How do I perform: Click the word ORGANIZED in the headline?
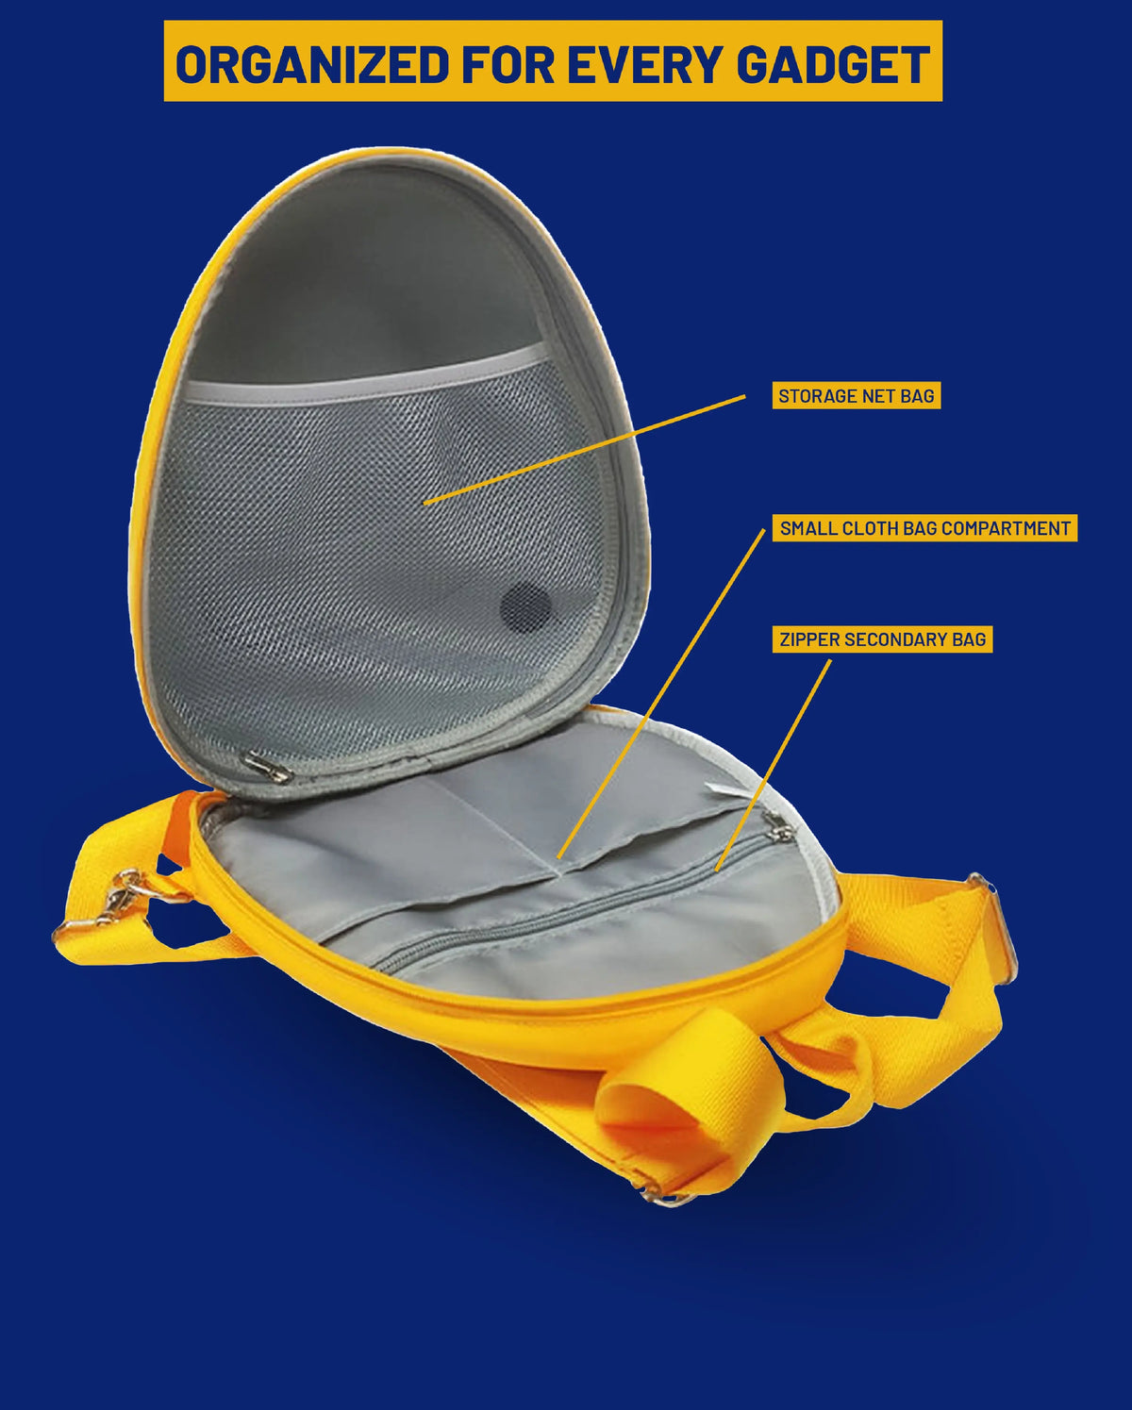click(x=312, y=64)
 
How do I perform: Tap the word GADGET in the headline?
click(x=832, y=64)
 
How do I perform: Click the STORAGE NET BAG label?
click(x=856, y=396)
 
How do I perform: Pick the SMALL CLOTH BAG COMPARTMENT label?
click(x=924, y=528)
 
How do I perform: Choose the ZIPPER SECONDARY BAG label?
click(x=882, y=639)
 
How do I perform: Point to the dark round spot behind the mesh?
click(x=525, y=607)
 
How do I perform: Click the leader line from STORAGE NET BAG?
click(x=585, y=450)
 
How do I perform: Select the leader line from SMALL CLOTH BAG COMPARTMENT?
click(x=660, y=693)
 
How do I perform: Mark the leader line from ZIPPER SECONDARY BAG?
click(x=774, y=765)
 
